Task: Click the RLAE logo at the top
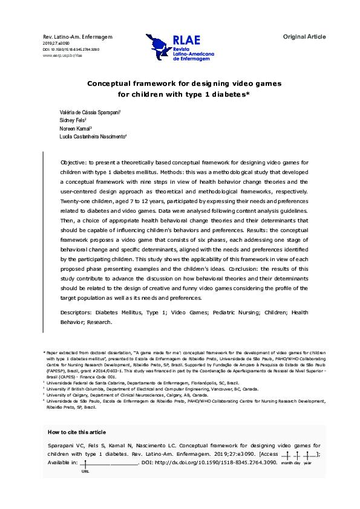pos(181,48)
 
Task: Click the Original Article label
pos(304,37)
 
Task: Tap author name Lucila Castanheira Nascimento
pos(93,137)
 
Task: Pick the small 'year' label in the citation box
pos(308,463)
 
